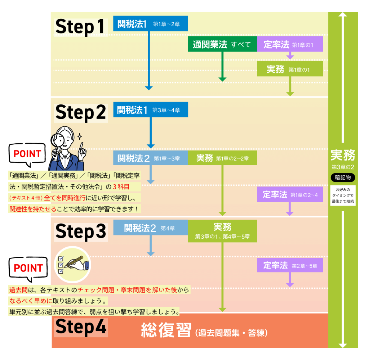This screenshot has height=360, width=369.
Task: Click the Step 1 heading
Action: (80, 27)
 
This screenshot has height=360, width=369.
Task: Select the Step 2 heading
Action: (80, 112)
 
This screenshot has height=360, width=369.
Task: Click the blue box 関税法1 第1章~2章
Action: (151, 24)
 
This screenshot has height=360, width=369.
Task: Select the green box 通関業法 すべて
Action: (222, 44)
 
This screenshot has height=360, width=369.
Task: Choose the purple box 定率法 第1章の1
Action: (290, 44)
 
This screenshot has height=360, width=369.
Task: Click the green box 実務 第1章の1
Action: (290, 69)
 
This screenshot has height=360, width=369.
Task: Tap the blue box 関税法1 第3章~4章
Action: (151, 109)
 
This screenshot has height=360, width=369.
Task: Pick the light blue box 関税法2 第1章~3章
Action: (151, 158)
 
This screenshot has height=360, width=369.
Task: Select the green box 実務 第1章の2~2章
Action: (222, 158)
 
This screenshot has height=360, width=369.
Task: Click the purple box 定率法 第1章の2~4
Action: (290, 194)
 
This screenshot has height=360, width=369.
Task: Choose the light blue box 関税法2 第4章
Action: (151, 228)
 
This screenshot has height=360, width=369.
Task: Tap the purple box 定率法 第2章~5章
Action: (290, 265)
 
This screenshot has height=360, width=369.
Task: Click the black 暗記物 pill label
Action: (343, 177)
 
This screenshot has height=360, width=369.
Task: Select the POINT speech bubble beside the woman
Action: (27, 154)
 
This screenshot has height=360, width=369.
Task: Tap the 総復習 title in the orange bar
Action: (166, 330)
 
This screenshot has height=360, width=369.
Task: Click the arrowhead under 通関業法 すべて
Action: (222, 79)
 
